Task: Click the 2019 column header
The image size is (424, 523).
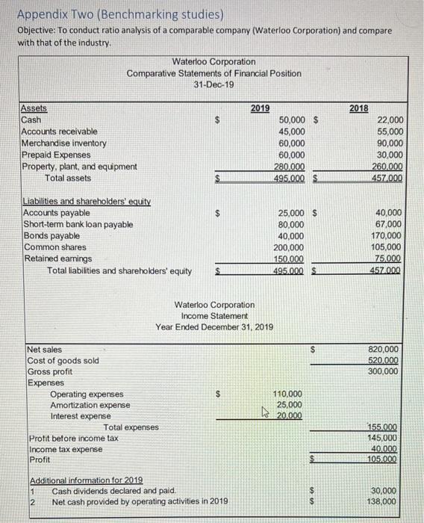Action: [260, 108]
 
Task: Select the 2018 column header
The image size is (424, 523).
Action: [358, 108]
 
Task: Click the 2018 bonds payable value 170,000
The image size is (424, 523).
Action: [387, 236]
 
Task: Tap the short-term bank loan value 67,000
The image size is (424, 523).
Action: [390, 224]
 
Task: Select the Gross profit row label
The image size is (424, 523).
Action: [50, 372]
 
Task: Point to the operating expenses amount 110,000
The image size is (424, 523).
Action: [287, 394]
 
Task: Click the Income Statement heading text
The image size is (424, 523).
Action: [214, 316]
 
